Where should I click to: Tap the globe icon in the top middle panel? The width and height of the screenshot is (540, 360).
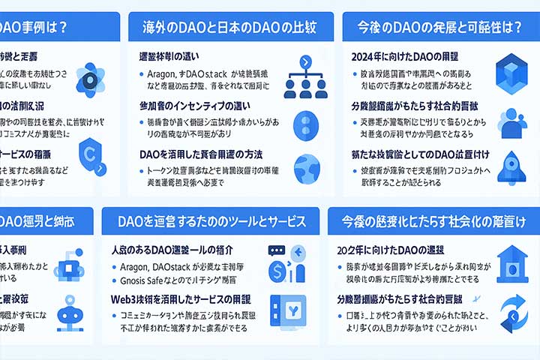(x=307, y=167)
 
